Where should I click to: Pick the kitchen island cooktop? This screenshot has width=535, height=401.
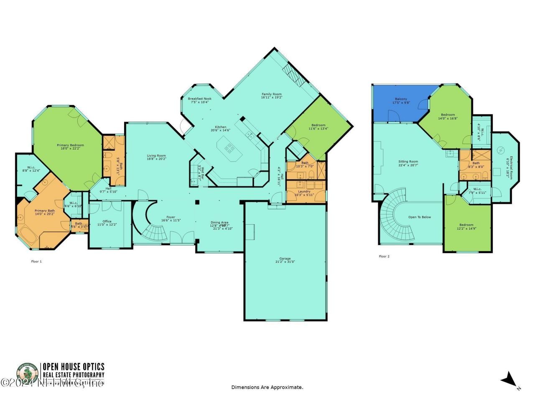229,147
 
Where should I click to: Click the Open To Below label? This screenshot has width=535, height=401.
420,217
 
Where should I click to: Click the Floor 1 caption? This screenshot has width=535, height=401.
37,261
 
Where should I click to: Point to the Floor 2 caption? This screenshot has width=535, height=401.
384,256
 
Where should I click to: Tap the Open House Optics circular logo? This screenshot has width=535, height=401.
27,373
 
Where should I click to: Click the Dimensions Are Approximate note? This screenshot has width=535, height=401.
267,387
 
